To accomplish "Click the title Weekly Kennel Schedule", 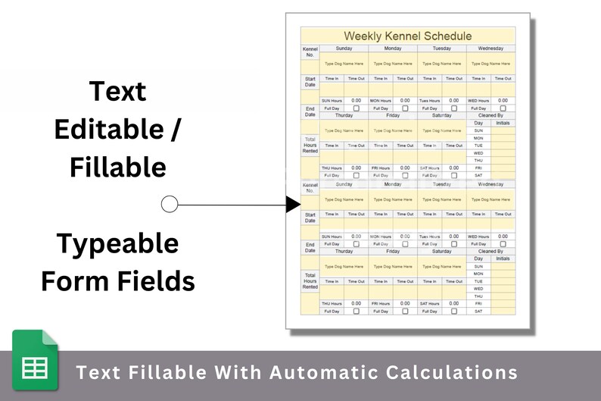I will (407, 36).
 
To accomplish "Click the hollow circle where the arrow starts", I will (170, 204).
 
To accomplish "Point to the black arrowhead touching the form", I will (294, 204).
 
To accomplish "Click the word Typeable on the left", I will (117, 244).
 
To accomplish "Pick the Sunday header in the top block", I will (344, 49).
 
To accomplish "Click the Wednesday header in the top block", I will (490, 49).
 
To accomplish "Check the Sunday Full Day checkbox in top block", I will (356, 108).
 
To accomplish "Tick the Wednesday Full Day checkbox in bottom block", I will (503, 244).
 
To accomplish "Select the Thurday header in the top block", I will (344, 116).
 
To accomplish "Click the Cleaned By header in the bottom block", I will (490, 251).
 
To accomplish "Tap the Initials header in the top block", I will (503, 123).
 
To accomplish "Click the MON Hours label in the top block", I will (380, 101).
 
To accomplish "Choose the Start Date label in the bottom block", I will (310, 218).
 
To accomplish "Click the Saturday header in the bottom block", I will (441, 251).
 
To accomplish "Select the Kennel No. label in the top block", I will (310, 52).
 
